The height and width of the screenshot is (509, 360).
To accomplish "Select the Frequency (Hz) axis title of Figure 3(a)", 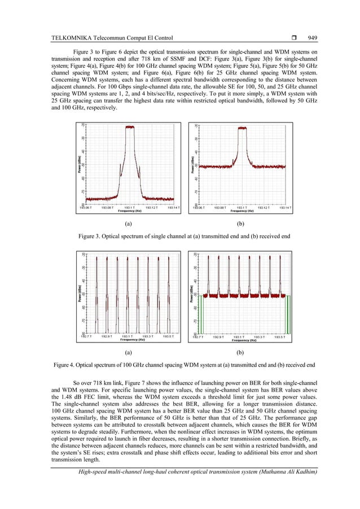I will click(130, 211).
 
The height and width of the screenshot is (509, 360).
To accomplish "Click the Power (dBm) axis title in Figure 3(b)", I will click(191, 165).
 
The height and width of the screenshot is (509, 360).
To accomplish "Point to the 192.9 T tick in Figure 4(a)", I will click(106, 336).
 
